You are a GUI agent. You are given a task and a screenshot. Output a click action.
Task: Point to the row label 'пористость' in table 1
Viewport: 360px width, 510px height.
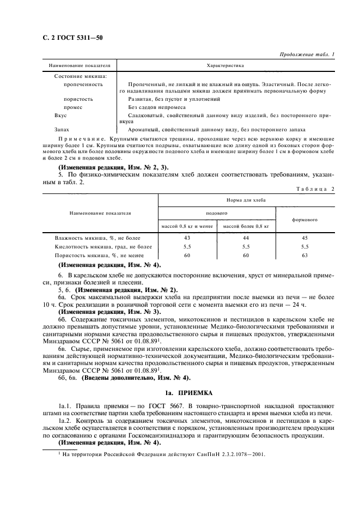coord(78,99)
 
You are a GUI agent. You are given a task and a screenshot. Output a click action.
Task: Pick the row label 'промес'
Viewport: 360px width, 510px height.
coord(74,107)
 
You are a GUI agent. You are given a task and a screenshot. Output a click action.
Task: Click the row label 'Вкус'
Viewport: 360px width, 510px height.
coord(60,116)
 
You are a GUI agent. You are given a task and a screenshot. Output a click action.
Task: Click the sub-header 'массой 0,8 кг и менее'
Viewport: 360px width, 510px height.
coord(187,226)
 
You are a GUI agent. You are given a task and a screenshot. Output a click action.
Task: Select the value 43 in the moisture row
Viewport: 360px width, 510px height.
coord(187,238)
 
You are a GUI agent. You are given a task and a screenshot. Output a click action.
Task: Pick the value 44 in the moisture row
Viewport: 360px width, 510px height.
coord(246,238)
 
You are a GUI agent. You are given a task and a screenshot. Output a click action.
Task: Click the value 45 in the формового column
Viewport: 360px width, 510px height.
coord(305,238)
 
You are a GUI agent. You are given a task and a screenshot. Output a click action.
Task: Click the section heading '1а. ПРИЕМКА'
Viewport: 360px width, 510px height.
coord(180,392)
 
